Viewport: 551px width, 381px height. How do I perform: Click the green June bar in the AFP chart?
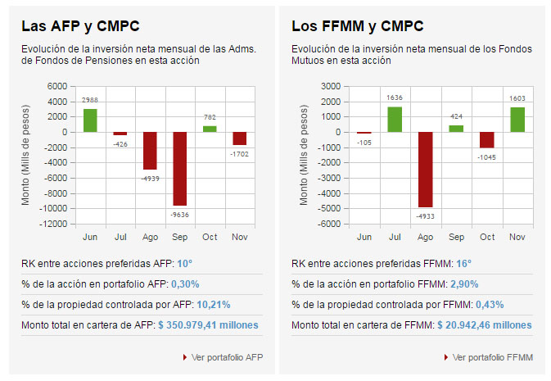(x=90, y=120)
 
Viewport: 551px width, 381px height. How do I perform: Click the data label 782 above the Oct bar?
(x=210, y=118)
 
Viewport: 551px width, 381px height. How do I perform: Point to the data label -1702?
(x=239, y=153)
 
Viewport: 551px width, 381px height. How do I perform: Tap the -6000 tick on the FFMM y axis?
(x=328, y=224)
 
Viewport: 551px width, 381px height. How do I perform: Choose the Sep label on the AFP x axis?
(x=179, y=238)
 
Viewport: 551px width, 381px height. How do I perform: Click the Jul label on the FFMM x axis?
(x=394, y=238)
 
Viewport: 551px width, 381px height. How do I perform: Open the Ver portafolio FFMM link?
(x=492, y=357)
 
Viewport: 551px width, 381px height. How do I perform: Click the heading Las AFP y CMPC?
(x=70, y=26)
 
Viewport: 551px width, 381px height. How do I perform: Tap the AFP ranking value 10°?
(x=184, y=264)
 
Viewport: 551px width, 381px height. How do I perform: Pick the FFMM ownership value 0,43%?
(x=487, y=305)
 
